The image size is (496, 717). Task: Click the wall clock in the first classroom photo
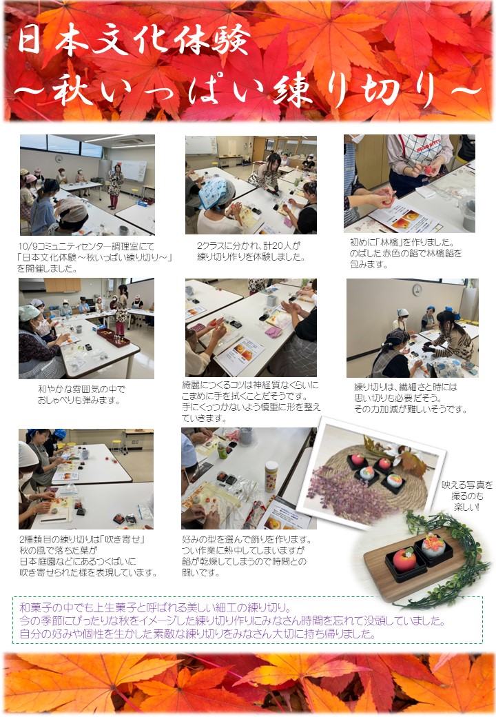(59, 159)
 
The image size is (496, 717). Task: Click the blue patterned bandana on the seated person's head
(216, 192)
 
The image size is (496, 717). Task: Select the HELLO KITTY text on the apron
(417, 150)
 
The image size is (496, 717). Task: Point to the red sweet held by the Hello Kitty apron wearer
(429, 170)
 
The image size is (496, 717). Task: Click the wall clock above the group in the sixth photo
(417, 290)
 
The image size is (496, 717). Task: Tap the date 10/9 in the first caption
(25, 246)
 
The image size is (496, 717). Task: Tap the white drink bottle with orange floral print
(271, 476)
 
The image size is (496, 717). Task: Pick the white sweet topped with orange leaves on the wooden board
(433, 545)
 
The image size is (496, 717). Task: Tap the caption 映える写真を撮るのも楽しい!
(467, 496)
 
